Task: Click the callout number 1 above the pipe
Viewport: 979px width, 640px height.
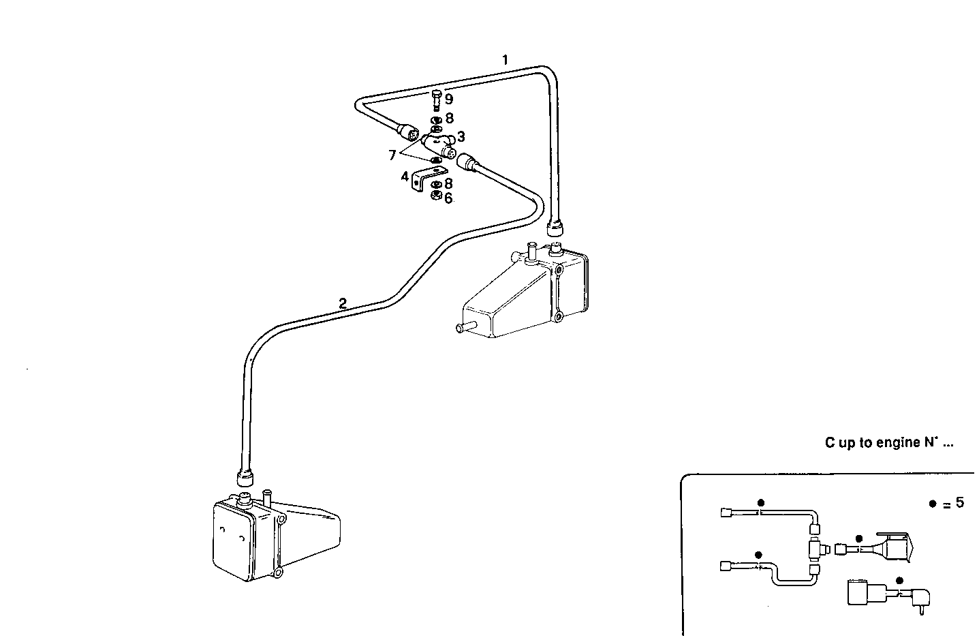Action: [x=505, y=60]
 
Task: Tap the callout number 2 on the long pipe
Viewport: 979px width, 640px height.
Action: [x=343, y=304]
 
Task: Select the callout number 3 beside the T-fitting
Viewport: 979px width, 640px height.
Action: [x=461, y=136]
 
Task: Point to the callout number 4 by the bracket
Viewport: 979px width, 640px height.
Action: [x=405, y=177]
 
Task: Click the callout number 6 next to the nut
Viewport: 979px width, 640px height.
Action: [x=448, y=198]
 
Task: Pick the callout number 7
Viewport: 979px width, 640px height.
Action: [x=392, y=155]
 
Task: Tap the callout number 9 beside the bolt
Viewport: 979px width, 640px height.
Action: [x=449, y=100]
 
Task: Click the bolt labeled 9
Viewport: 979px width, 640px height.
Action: [x=437, y=100]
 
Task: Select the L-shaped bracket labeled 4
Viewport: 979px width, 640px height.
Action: [x=426, y=180]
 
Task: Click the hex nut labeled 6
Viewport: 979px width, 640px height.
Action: [x=436, y=197]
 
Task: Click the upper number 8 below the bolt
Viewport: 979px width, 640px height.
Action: [x=449, y=118]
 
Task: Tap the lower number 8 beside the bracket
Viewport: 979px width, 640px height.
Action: [x=448, y=183]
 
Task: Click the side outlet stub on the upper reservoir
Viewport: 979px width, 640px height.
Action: [x=465, y=328]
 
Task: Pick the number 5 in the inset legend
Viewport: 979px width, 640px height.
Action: [x=959, y=503]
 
